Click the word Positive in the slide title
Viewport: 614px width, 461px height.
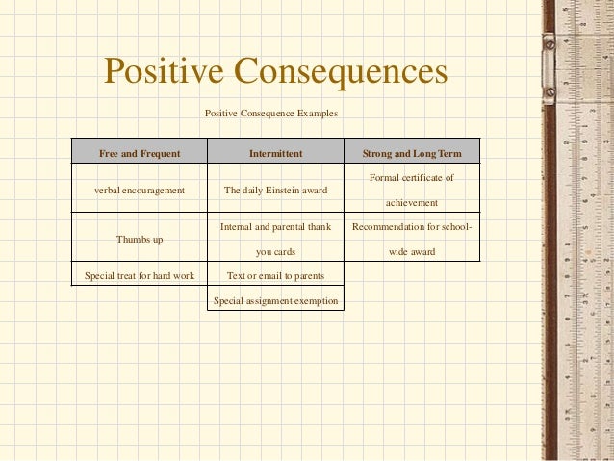point(163,72)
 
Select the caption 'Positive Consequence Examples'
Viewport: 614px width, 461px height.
point(271,114)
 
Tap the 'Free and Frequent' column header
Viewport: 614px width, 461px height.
point(140,153)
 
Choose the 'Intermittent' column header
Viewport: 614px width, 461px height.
point(275,153)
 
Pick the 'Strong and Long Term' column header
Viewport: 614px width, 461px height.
point(411,153)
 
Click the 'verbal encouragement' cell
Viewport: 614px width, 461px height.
point(140,191)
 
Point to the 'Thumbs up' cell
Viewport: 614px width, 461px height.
point(140,239)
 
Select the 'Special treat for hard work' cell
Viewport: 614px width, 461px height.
point(140,276)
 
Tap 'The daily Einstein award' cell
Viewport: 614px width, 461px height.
point(275,191)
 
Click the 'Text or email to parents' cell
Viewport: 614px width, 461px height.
point(275,276)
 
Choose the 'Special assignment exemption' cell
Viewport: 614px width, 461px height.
point(275,300)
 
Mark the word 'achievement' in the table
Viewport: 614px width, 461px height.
point(411,203)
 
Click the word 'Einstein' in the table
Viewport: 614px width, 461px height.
point(286,191)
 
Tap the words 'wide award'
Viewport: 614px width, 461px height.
point(411,252)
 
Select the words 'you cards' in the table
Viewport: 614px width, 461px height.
point(275,252)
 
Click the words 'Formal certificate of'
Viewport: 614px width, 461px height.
point(411,178)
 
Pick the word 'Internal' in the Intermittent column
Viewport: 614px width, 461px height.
point(238,228)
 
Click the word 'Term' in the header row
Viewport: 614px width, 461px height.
point(449,153)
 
